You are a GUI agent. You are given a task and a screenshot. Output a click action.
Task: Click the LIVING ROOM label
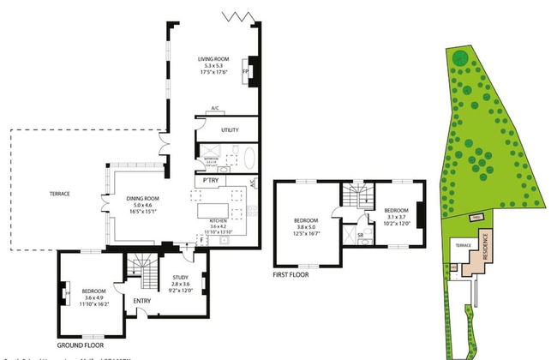(214, 58)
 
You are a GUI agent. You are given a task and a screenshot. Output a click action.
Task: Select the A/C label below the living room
(214, 109)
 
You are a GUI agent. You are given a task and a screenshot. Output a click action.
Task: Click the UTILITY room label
(229, 130)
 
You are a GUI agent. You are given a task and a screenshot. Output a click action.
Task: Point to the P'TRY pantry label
(208, 182)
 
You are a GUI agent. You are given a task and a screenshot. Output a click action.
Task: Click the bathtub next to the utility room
(249, 159)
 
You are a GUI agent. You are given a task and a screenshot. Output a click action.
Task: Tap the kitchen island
(214, 210)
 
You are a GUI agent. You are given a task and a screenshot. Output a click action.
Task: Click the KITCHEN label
(220, 220)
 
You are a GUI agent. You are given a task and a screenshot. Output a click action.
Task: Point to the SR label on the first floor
(361, 234)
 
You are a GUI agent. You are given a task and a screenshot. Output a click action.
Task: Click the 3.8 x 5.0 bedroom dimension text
(306, 226)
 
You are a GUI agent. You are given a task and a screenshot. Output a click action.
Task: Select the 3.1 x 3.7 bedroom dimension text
(396, 217)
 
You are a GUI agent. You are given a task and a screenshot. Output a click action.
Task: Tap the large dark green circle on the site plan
(461, 58)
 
